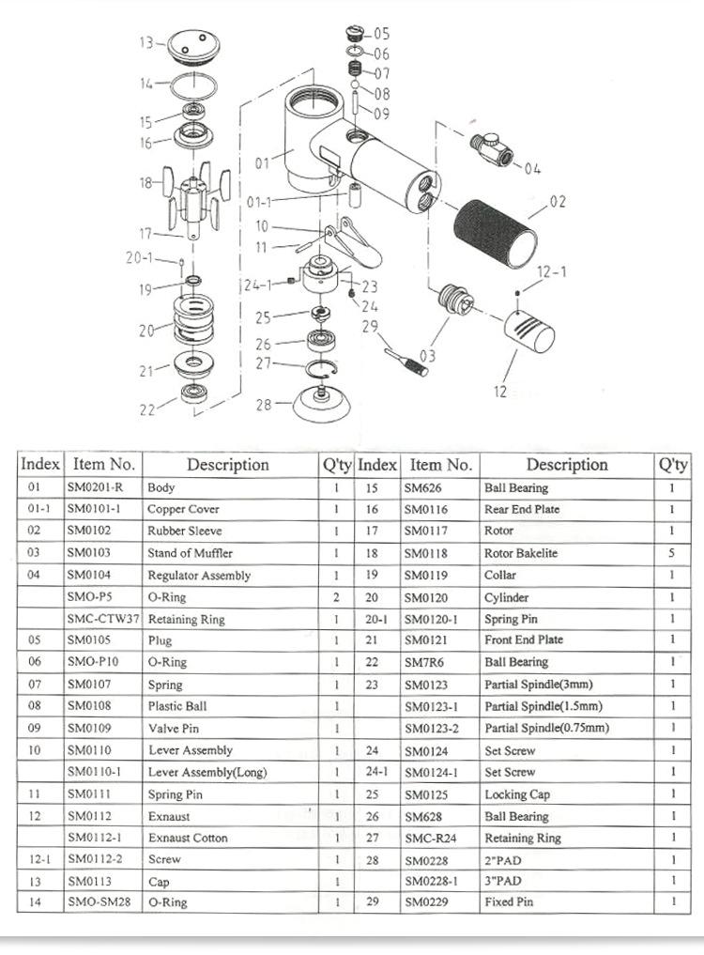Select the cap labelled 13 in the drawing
193,44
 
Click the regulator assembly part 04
492,150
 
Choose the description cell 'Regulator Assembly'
199,576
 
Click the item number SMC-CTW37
103,619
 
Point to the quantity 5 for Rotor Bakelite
672,553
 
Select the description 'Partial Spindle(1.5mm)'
543,706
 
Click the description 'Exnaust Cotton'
188,838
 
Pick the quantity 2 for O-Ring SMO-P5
335,597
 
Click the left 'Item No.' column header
103,464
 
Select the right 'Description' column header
566,464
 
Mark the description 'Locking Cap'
517,794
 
